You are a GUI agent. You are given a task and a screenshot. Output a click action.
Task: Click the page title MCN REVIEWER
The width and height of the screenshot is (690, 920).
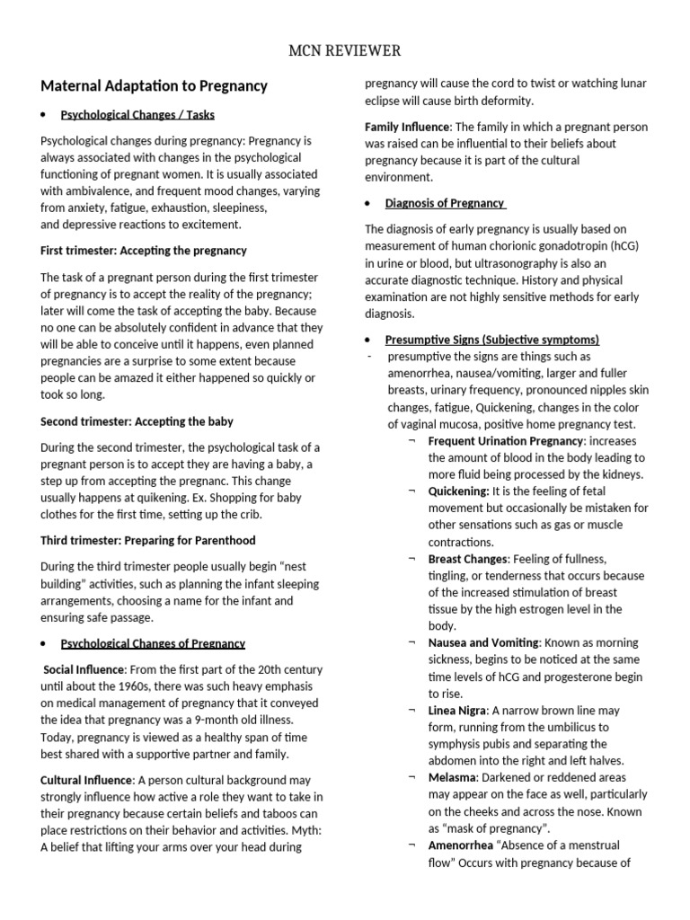[x=344, y=49]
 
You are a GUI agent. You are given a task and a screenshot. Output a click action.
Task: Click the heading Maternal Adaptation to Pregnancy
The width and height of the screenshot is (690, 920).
[x=155, y=86]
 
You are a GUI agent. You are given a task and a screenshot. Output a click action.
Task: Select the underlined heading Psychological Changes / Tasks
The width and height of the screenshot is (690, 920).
[x=137, y=115]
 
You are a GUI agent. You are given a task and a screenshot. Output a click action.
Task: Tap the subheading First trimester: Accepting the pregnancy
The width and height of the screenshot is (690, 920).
[x=144, y=251]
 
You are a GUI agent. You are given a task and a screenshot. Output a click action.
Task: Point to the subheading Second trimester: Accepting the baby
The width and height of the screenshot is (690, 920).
[x=137, y=421]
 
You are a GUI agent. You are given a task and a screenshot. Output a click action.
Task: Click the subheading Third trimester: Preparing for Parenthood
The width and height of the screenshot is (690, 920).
[x=148, y=541]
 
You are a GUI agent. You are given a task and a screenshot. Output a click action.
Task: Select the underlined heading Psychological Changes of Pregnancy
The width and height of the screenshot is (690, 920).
[x=153, y=643]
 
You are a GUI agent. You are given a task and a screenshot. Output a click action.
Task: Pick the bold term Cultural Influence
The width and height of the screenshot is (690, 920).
[x=87, y=780]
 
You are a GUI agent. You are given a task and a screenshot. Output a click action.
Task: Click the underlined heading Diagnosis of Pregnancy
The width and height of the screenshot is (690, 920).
[x=445, y=203]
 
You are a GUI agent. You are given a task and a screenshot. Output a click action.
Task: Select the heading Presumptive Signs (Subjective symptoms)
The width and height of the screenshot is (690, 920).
[x=491, y=340]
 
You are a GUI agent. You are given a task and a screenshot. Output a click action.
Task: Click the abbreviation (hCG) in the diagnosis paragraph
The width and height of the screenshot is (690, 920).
[x=625, y=245]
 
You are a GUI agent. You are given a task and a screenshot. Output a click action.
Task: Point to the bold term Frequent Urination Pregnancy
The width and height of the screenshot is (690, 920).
[x=506, y=441]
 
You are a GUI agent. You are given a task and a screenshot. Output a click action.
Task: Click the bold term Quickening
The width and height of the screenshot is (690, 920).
[x=458, y=491]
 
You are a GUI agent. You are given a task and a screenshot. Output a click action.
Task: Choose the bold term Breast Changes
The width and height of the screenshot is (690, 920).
[x=467, y=559]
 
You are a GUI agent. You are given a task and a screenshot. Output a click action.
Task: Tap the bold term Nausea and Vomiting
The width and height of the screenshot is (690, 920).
[x=483, y=643]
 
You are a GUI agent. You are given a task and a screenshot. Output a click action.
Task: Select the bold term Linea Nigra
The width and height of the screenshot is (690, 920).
[x=460, y=711]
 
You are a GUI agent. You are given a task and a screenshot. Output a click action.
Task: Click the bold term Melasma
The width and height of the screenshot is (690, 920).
[x=452, y=778]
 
